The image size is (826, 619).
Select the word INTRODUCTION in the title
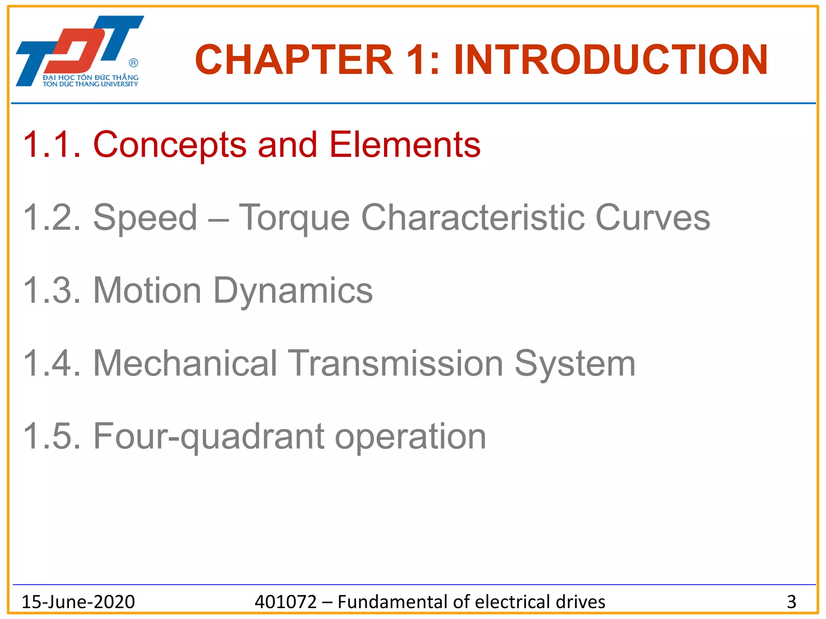click(x=611, y=60)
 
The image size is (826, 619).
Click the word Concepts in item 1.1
click(x=170, y=145)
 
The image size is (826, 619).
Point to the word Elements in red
click(x=405, y=145)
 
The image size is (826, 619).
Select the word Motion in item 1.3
click(x=147, y=291)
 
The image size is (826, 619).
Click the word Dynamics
click(x=293, y=291)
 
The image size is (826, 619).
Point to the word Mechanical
click(x=185, y=364)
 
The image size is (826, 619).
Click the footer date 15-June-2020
click(x=78, y=602)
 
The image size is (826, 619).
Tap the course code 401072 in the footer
click(x=286, y=602)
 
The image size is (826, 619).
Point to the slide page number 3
click(x=791, y=602)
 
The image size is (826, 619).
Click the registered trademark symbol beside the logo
click(x=133, y=63)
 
